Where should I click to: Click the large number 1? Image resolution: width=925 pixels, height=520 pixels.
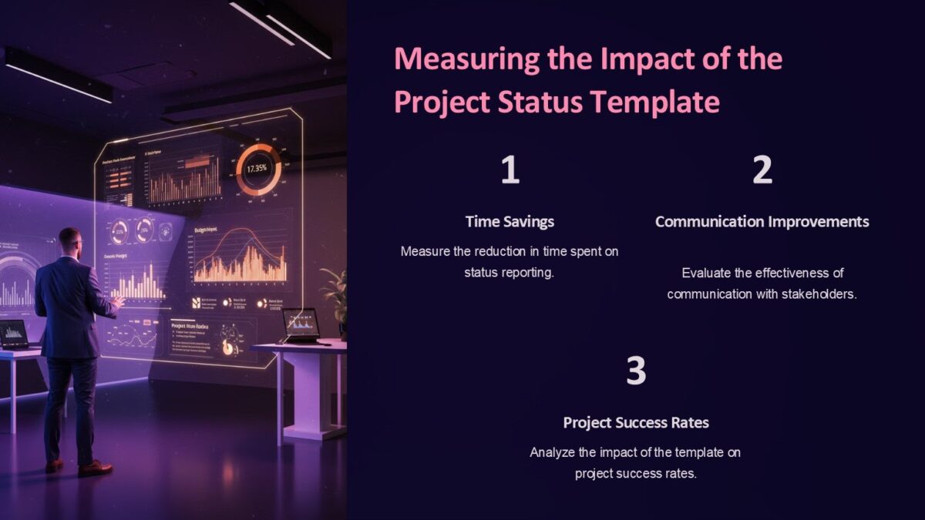click(510, 170)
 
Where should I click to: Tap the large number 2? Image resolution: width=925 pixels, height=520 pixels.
click(762, 170)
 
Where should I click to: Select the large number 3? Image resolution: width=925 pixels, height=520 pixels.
click(635, 371)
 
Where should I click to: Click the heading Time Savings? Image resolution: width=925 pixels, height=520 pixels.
click(510, 222)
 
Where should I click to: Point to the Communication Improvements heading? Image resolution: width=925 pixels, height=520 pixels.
click(762, 222)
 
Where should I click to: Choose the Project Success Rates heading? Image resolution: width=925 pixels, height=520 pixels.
click(635, 422)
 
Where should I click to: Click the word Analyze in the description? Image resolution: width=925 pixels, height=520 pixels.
click(552, 452)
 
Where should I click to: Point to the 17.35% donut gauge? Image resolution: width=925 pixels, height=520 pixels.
click(258, 169)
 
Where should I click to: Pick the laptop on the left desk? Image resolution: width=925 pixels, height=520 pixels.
click(14, 335)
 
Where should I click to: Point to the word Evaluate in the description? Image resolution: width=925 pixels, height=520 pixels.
click(708, 273)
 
